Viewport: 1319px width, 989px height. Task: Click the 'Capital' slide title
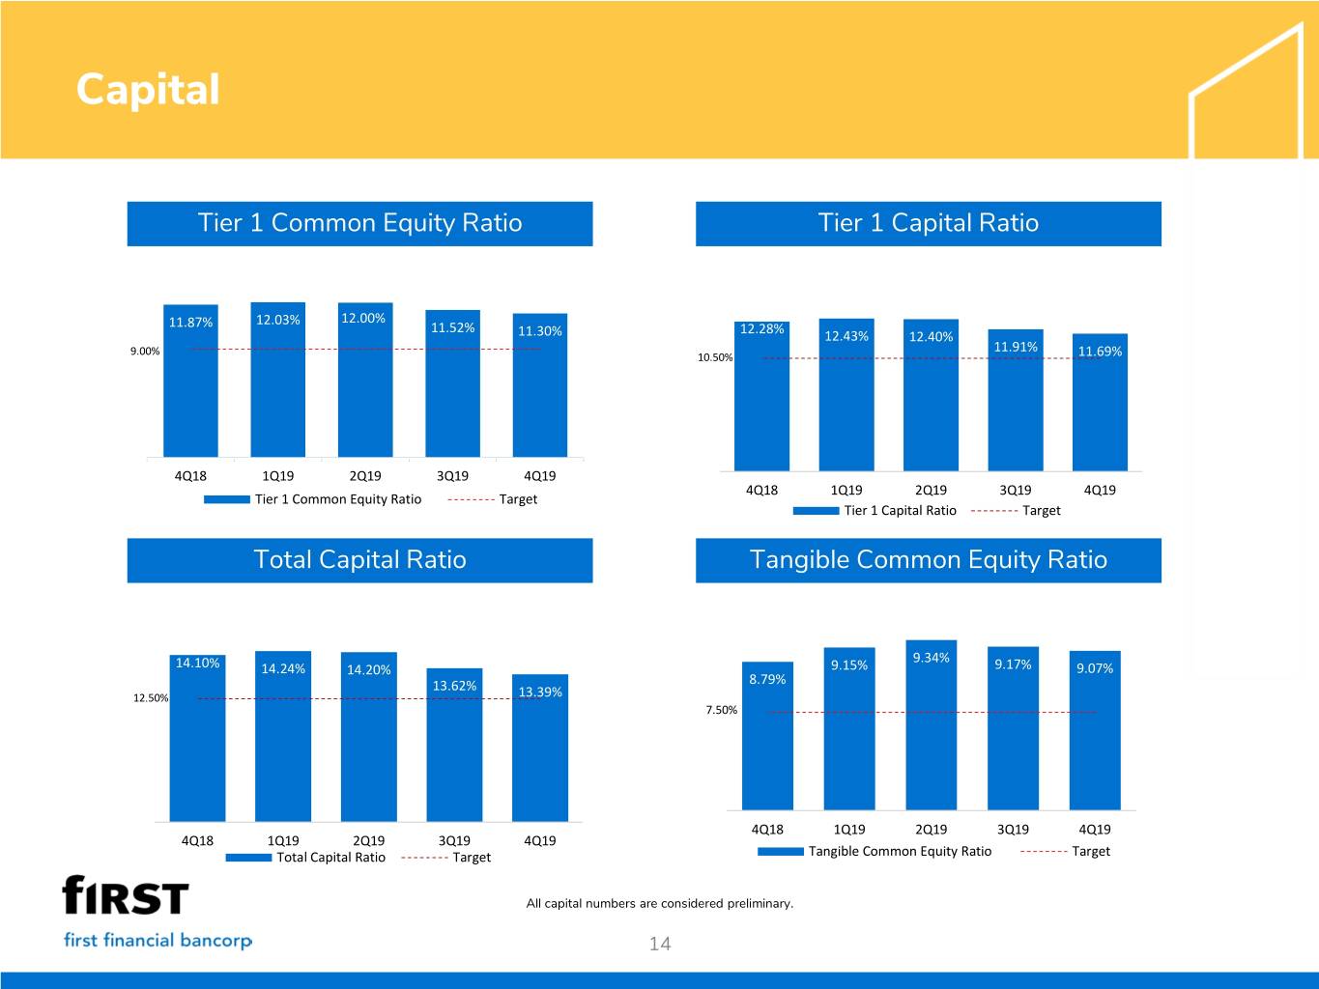click(148, 90)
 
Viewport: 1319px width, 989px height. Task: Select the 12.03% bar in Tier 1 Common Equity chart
click(277, 380)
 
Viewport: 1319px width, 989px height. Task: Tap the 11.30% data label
click(539, 331)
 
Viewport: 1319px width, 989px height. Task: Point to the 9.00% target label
click(145, 352)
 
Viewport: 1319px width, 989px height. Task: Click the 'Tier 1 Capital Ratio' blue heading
click(929, 223)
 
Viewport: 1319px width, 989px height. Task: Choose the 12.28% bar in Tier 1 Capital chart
click(761, 396)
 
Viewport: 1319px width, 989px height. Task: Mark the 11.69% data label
click(1100, 352)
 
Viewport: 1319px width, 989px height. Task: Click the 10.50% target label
click(714, 357)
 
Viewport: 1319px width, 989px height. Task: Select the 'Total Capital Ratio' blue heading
click(359, 560)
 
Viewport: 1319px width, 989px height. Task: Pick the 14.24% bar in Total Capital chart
click(283, 736)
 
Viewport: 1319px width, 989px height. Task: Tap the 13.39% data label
click(540, 692)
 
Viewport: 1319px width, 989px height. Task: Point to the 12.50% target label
click(150, 697)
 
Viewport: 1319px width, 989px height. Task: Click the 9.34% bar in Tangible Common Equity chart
click(931, 724)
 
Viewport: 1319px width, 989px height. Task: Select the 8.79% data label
click(767, 679)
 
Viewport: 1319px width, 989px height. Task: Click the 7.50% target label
click(721, 710)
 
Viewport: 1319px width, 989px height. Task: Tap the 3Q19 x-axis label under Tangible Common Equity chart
click(1013, 830)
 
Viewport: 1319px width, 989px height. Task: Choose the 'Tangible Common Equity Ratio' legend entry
click(875, 851)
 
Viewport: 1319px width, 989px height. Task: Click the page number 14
click(660, 944)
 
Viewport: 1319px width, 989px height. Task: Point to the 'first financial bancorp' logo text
click(158, 940)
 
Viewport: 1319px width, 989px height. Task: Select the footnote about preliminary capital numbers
click(659, 903)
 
